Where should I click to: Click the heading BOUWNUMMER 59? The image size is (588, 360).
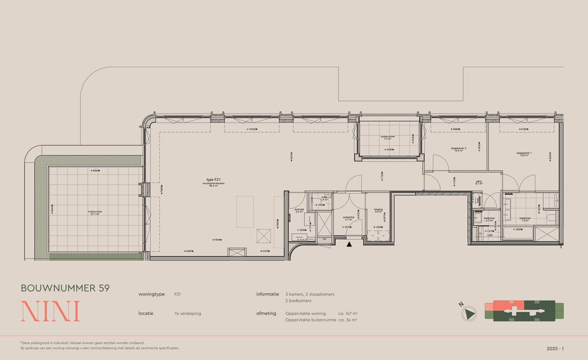point(65,288)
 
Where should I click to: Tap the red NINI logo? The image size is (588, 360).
point(50,311)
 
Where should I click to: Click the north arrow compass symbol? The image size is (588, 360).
point(469,313)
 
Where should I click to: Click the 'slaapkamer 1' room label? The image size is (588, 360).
point(524,153)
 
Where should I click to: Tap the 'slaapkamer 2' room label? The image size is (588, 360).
point(457,148)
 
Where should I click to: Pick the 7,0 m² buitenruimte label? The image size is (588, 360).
point(389,138)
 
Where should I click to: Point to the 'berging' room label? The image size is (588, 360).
point(377,210)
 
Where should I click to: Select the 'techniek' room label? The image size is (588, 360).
point(298,210)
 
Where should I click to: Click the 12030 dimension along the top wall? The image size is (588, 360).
point(252,129)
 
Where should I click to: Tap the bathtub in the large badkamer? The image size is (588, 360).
point(517,233)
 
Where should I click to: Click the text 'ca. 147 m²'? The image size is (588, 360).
point(347,313)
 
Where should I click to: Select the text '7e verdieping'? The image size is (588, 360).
point(187,313)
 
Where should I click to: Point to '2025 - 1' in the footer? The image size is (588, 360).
point(555,348)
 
